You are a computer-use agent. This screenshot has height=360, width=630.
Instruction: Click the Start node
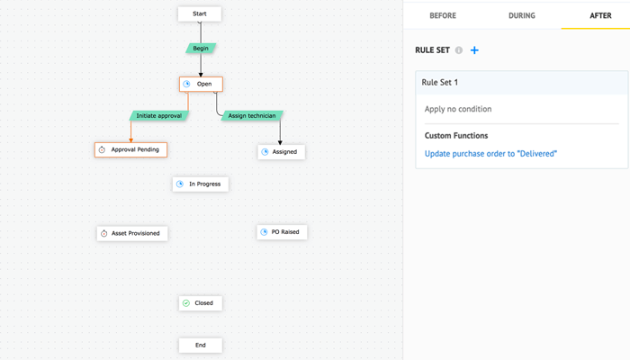point(200,14)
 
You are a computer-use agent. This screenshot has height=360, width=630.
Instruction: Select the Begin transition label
point(201,48)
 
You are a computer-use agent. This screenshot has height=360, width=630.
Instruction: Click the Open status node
point(201,84)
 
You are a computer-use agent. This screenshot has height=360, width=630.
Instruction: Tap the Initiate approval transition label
point(158,116)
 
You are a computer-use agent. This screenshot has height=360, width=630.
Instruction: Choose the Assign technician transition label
point(250,116)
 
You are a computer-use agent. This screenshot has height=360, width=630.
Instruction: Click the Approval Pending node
point(130,149)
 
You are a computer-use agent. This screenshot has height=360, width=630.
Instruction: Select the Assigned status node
point(281,152)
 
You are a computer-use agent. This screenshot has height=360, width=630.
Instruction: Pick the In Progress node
point(201,184)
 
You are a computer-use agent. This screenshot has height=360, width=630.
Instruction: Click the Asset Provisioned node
point(132,233)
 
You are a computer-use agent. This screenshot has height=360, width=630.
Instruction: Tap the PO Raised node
point(282,232)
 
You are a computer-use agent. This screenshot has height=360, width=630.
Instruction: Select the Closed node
point(201,303)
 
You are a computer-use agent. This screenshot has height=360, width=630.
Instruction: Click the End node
point(200,345)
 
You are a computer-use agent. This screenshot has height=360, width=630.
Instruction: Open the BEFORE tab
point(442,15)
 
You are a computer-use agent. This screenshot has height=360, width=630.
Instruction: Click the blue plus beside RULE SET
point(474,50)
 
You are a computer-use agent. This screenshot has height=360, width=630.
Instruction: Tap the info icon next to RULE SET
point(459,50)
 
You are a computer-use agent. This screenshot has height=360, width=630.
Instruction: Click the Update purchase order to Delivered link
point(490,154)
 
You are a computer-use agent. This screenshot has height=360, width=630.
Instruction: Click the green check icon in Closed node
point(186,303)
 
